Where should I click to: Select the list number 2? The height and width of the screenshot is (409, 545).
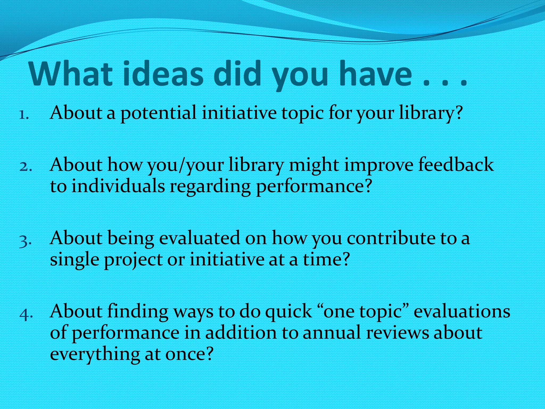pos(26,167)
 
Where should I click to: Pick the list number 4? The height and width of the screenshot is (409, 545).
pos(26,314)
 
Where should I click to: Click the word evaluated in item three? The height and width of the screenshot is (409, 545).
pos(199,238)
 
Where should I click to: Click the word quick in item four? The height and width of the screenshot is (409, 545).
pos(289,312)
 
